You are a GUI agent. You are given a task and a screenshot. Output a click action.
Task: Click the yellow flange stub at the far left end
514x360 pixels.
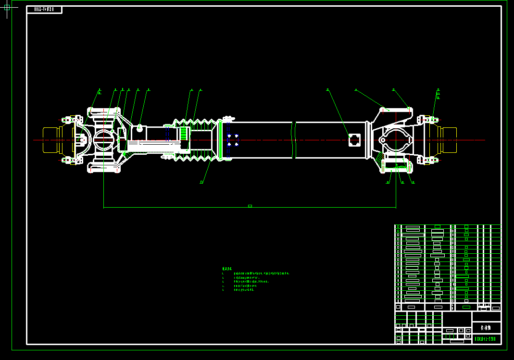click(50, 140)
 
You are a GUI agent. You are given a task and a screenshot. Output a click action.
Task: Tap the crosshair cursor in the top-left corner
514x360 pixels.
click(6, 8)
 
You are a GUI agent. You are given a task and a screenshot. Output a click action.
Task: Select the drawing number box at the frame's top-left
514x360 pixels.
click(44, 10)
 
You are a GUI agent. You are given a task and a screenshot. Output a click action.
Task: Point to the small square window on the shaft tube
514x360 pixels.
click(354, 140)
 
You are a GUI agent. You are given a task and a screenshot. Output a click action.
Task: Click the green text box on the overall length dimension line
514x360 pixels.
click(250, 206)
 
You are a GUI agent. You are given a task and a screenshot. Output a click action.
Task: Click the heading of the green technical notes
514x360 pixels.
click(227, 269)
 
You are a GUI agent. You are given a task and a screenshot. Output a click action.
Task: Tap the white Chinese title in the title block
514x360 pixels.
click(486, 328)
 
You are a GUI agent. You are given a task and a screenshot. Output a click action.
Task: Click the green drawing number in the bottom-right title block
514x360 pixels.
click(486, 339)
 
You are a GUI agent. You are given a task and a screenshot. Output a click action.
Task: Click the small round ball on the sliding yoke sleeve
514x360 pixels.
click(139, 128)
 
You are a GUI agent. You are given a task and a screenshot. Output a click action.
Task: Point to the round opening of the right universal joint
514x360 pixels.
click(397, 140)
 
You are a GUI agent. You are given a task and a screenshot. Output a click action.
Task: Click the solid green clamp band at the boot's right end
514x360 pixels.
click(221, 140)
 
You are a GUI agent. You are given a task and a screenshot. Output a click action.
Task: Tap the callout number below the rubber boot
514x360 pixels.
click(201, 182)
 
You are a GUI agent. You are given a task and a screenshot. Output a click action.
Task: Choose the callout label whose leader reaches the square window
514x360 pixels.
click(327, 89)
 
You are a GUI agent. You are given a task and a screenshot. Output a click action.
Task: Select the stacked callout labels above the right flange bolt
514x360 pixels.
click(438, 93)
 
